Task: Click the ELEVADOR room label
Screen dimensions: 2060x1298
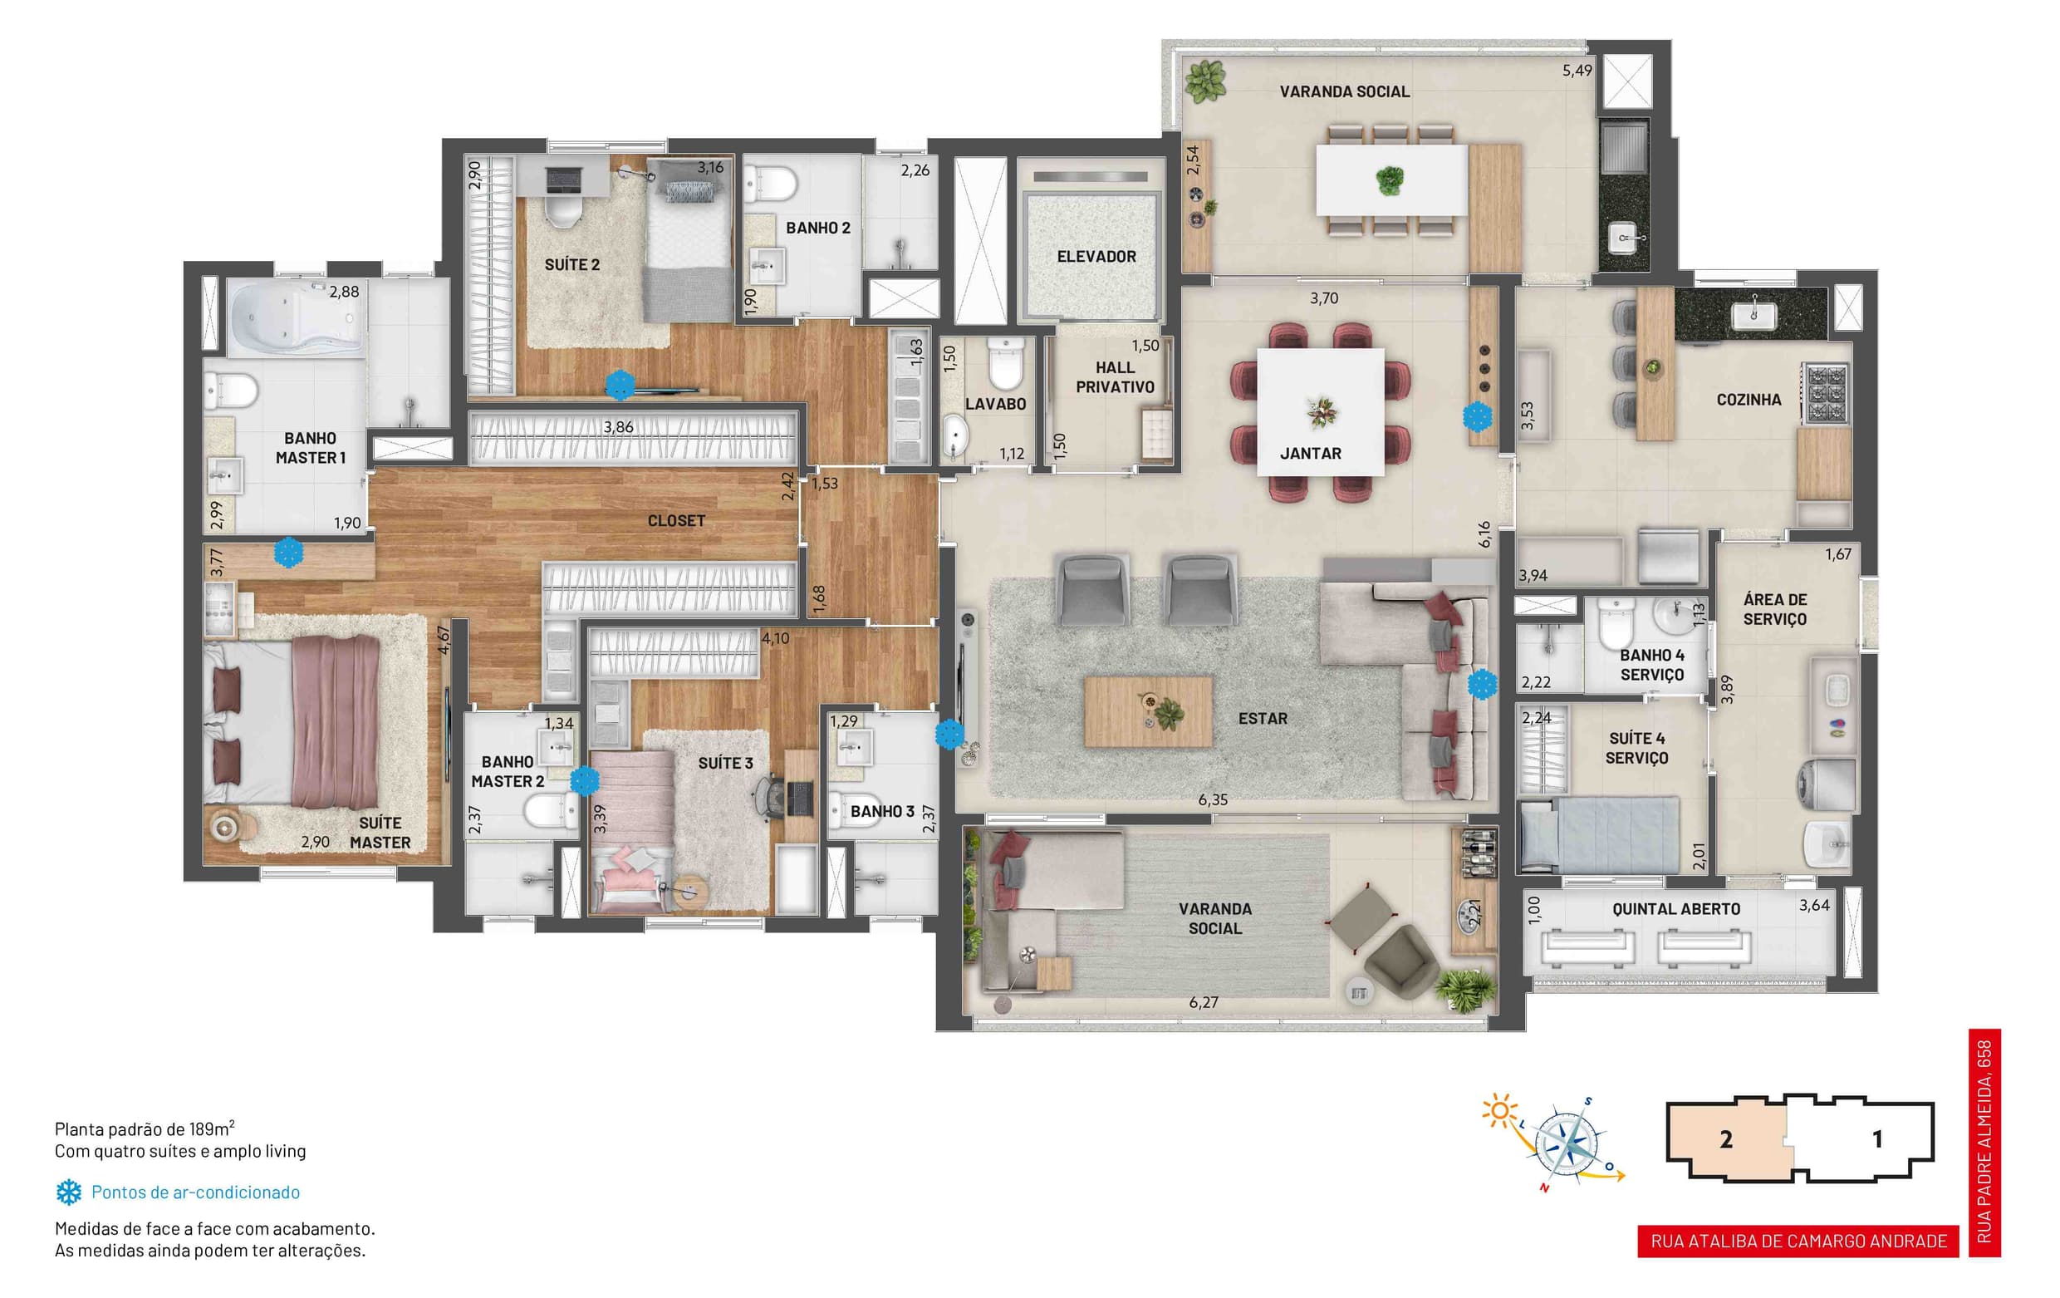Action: (1096, 257)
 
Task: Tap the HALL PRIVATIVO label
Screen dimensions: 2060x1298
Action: (1115, 377)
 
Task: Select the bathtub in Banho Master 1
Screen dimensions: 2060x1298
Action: (296, 318)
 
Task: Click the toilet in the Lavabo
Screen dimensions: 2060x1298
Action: (1004, 363)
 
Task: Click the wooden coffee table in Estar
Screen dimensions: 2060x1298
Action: (1148, 711)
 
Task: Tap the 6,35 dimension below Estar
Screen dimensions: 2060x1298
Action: (1212, 800)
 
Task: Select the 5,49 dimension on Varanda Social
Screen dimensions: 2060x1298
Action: (1577, 71)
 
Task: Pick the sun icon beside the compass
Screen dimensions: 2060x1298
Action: (1498, 1111)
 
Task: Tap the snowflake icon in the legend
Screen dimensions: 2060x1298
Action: (68, 1192)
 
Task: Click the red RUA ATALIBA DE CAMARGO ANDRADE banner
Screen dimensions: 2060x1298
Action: (1798, 1241)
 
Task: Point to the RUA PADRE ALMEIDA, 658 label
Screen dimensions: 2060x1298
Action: (1984, 1143)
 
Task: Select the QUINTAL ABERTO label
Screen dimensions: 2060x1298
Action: (1676, 909)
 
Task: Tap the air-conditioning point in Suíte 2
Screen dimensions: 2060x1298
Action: (620, 385)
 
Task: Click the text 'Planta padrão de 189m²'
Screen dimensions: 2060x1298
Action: (145, 1128)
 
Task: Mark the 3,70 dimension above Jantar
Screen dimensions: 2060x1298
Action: (1323, 298)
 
